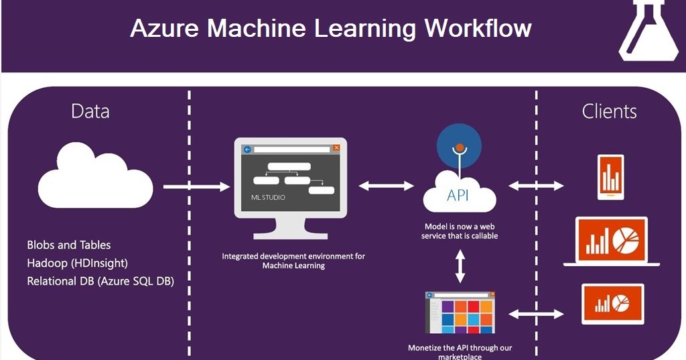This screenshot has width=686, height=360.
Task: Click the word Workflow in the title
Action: click(478, 28)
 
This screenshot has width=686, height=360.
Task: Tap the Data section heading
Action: click(90, 111)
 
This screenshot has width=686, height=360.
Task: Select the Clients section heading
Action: click(609, 111)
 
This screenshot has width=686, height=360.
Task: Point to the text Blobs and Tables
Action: click(69, 245)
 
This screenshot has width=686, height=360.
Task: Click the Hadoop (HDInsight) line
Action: click(77, 263)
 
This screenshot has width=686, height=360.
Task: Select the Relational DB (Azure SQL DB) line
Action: click(100, 281)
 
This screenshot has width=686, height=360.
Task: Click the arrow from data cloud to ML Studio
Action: click(196, 186)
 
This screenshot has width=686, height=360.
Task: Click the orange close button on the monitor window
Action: click(336, 148)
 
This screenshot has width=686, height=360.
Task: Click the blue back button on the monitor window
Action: click(247, 149)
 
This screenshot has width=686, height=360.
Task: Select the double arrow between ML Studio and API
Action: click(387, 186)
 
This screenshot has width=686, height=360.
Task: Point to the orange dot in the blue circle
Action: click(460, 147)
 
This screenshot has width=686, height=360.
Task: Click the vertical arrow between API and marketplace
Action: click(460, 266)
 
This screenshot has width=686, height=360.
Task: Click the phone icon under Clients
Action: click(610, 177)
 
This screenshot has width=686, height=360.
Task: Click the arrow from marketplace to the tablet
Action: click(537, 313)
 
